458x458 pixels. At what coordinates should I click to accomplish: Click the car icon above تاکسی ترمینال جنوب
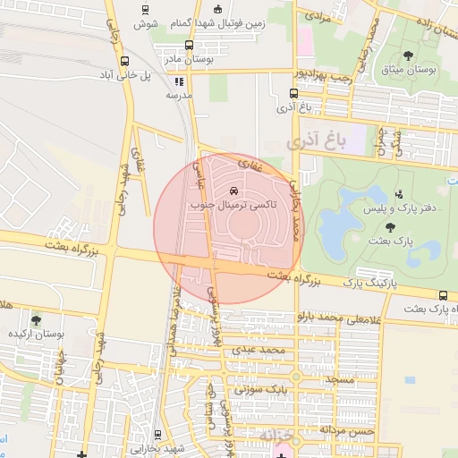pyautogui.click(x=234, y=191)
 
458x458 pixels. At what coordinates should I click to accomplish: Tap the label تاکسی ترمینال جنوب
pyautogui.click(x=235, y=205)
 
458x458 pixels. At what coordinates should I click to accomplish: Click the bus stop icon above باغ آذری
pyautogui.click(x=294, y=94)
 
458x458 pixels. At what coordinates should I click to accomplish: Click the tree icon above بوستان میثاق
pyautogui.click(x=409, y=55)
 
